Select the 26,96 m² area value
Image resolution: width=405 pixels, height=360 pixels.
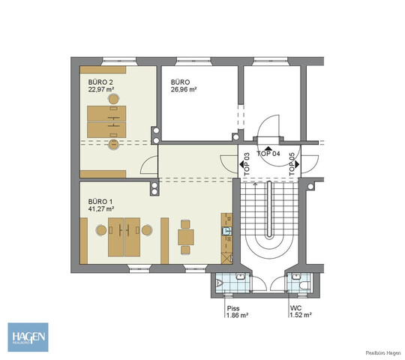(183, 88)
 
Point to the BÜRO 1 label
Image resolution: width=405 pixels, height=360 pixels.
(99, 201)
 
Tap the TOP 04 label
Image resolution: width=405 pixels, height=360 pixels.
(269, 153)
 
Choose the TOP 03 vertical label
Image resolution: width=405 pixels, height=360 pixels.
(245, 163)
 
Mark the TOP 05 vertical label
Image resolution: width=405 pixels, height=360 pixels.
(292, 163)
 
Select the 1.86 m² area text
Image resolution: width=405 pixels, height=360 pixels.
(237, 316)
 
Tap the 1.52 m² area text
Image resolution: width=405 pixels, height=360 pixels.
(300, 316)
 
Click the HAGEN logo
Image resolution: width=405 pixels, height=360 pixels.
(27, 334)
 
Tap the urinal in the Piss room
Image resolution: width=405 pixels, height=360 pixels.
(238, 277)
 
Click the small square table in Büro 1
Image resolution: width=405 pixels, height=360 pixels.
(185, 237)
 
